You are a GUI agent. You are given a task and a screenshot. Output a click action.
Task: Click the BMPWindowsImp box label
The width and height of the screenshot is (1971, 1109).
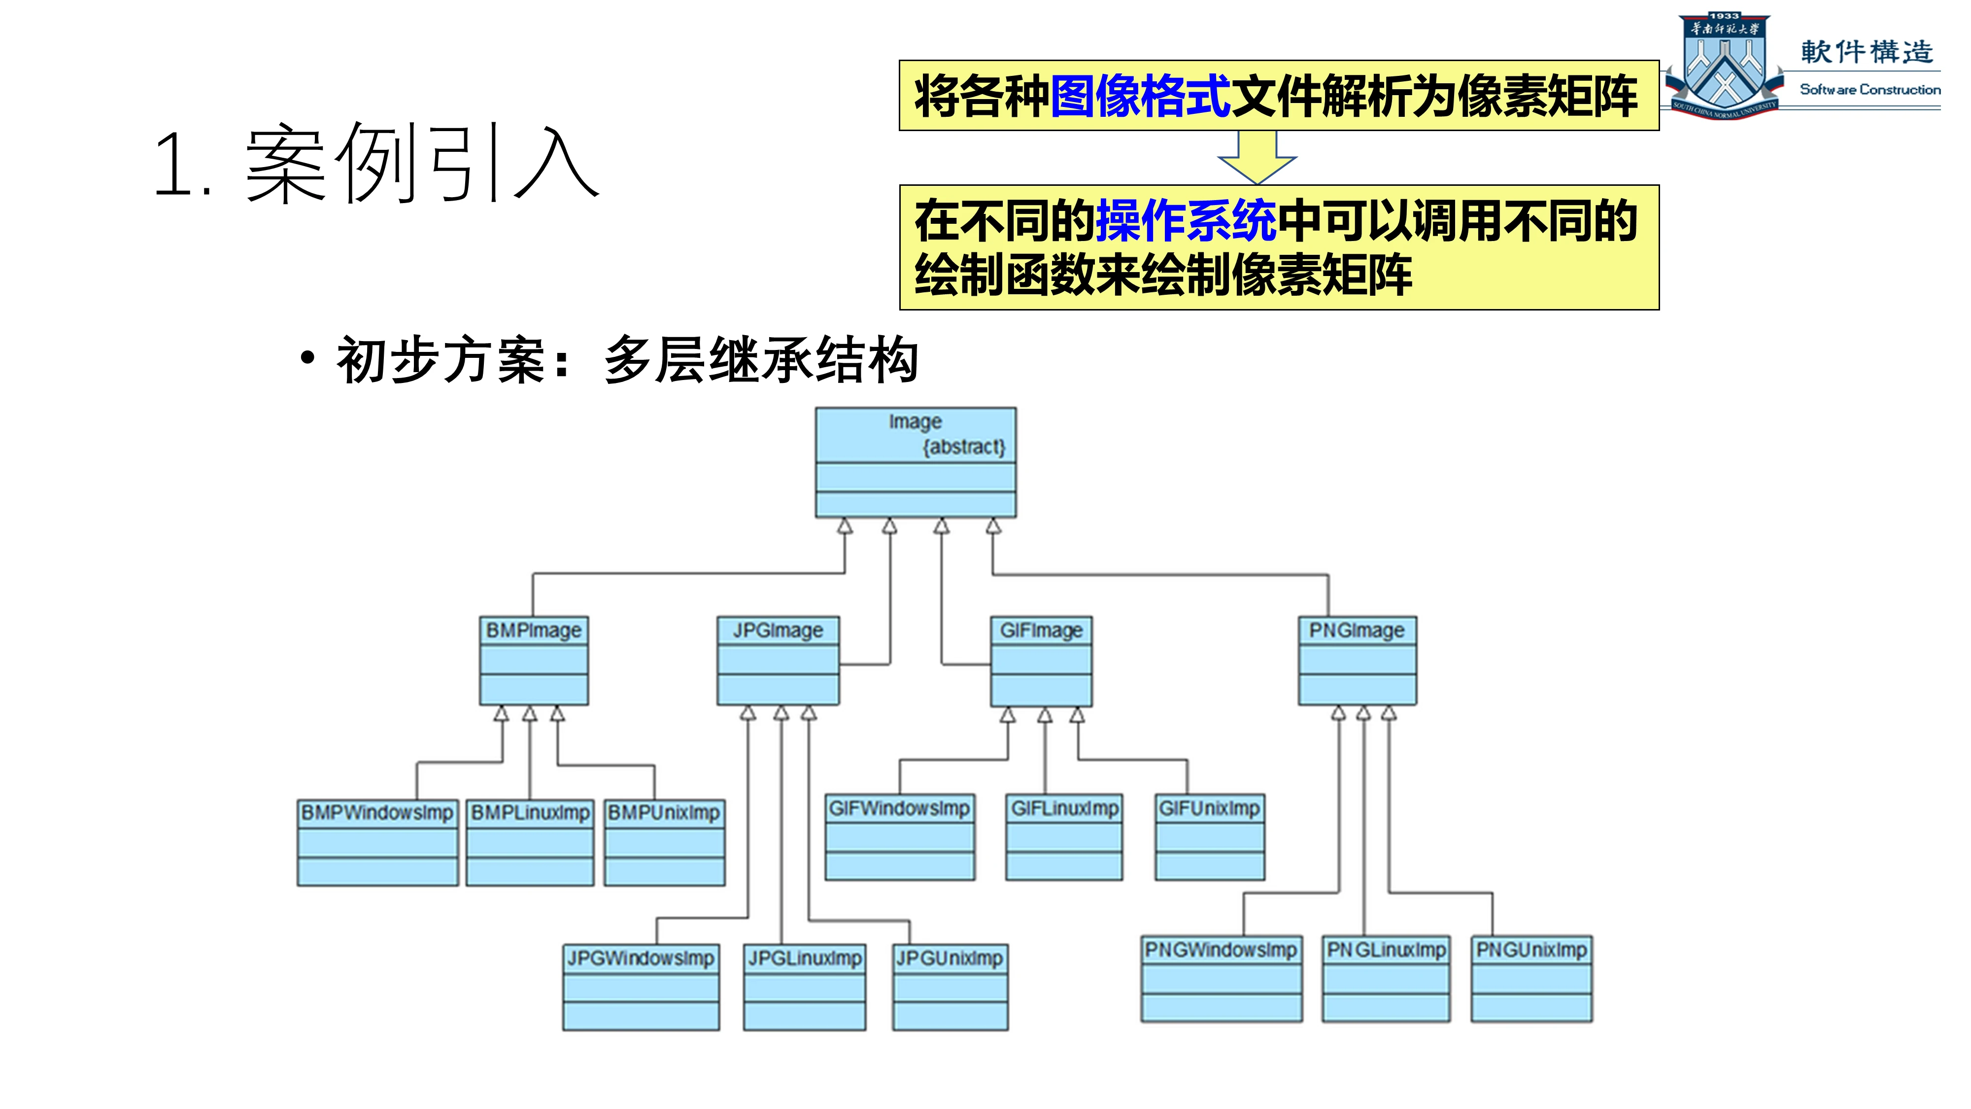(377, 812)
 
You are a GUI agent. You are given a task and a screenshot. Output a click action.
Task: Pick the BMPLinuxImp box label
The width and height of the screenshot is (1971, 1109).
(530, 812)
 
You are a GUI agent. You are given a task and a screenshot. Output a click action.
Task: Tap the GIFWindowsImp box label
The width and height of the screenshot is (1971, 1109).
(899, 808)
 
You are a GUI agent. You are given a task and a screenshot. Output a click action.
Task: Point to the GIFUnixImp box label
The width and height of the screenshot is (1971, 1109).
(1209, 808)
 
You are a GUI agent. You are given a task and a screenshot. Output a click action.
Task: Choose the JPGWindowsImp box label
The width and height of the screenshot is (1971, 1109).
(641, 958)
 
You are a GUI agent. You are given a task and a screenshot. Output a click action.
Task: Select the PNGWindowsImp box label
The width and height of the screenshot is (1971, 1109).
(1221, 950)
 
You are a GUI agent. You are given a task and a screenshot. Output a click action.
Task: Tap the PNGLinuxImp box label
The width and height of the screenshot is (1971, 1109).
(1386, 950)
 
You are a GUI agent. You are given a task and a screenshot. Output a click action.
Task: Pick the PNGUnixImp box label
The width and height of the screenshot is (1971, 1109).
(1531, 950)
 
